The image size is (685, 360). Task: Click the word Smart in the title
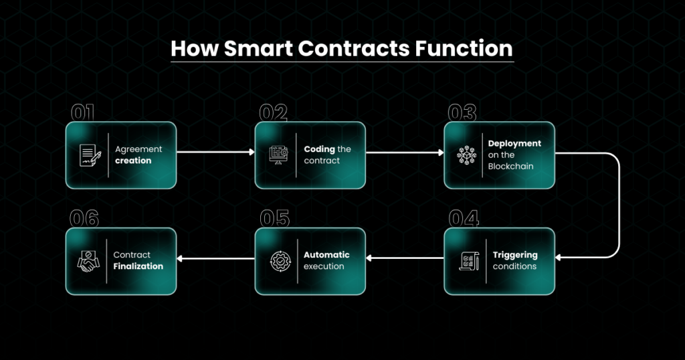point(258,48)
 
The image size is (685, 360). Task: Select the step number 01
point(82,112)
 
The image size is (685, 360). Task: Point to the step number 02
point(273,112)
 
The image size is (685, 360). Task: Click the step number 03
point(462,112)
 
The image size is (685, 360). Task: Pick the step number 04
point(464,218)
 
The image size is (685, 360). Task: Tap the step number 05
point(274,218)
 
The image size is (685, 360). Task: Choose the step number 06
point(84,218)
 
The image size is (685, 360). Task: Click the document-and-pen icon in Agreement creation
point(90,155)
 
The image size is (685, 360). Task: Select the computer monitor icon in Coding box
point(279,155)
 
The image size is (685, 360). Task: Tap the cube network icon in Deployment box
point(466,155)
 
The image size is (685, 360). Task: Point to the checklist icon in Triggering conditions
point(469,261)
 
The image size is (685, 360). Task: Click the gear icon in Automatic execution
point(280,261)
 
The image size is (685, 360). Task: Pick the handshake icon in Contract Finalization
point(88,261)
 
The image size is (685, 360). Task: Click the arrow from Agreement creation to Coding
point(215,152)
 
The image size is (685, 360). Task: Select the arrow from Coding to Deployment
point(405,153)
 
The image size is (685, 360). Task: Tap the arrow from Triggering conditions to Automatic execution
point(405,258)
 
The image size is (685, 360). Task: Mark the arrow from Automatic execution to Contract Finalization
point(215,259)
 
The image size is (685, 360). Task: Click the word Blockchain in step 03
point(510,167)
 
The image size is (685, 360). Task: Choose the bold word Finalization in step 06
point(138,266)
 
